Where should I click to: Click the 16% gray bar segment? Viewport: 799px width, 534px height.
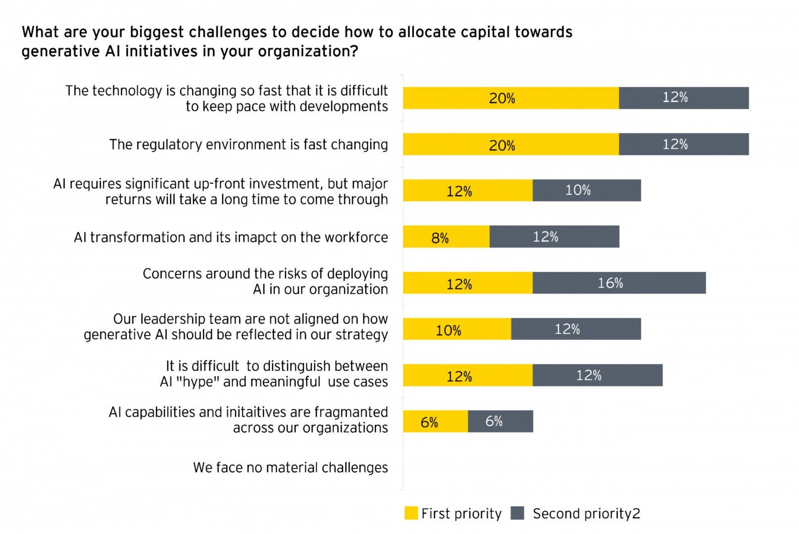[619, 283]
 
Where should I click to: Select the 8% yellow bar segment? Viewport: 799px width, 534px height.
[446, 237]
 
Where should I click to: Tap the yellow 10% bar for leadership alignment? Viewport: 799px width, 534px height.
[457, 329]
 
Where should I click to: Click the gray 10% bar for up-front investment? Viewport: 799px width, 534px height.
[587, 190]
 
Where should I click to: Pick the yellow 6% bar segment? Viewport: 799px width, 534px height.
[435, 421]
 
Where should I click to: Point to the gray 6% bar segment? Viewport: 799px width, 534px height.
[500, 421]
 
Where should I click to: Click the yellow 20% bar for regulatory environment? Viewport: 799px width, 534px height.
[510, 144]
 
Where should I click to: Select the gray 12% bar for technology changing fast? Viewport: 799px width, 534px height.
[684, 98]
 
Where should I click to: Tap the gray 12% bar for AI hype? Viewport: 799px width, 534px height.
[598, 375]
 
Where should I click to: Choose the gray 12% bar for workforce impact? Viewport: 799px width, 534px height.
[554, 237]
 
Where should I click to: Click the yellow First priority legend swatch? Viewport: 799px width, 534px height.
[411, 513]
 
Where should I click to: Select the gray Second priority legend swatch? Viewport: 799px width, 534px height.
[517, 513]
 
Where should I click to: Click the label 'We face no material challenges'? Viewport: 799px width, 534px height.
[290, 468]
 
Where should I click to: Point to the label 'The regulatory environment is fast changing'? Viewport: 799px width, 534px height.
[249, 145]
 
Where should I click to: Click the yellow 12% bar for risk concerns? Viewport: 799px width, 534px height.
[467, 283]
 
